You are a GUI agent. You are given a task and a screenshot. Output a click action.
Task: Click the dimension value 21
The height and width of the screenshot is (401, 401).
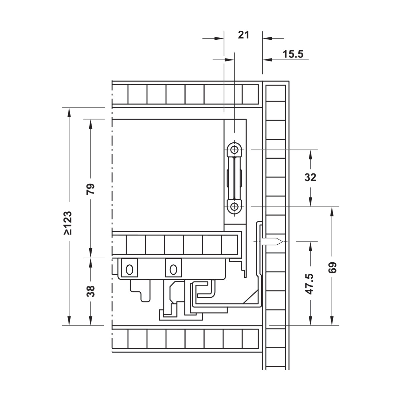click(244, 35)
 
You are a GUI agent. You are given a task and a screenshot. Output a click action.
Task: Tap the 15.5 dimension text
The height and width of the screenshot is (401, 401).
click(293, 54)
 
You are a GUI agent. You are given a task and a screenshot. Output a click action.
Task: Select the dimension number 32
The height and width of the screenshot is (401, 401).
click(310, 177)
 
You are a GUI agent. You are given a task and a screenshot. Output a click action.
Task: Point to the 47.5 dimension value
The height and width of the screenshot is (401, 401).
click(310, 284)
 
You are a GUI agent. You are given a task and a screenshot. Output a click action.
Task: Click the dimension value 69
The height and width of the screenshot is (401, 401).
click(332, 268)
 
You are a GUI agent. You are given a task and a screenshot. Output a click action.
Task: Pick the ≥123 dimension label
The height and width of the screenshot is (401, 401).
click(68, 223)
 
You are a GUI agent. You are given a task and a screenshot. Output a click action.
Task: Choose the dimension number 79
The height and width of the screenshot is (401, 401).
click(91, 189)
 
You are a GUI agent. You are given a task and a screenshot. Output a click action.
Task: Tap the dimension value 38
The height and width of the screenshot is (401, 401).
click(91, 291)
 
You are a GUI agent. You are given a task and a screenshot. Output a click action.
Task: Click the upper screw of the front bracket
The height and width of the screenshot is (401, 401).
click(235, 149)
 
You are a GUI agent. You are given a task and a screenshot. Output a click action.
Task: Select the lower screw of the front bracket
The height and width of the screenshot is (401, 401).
click(235, 207)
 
